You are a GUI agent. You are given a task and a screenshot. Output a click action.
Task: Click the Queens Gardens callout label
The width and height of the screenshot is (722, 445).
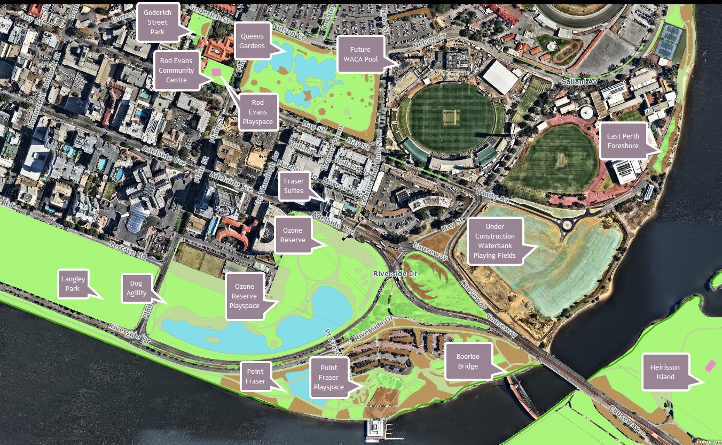(x=252, y=41)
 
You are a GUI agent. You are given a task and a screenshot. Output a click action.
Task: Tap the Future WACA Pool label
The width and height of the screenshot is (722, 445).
(x=360, y=54)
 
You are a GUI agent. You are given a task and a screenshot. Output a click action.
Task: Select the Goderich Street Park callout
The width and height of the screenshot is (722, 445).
(x=158, y=22)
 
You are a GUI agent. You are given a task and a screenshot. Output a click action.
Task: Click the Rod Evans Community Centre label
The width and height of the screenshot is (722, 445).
(x=176, y=71)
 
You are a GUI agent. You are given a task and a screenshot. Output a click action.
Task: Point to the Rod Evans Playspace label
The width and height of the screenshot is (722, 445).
(x=258, y=112)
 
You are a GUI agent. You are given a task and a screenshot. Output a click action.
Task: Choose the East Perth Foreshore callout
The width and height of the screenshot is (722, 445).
(x=623, y=141)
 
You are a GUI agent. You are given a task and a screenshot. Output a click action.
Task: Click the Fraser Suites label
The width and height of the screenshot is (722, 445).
(x=294, y=186)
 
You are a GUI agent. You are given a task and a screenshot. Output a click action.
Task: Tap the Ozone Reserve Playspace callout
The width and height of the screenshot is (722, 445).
(x=244, y=296)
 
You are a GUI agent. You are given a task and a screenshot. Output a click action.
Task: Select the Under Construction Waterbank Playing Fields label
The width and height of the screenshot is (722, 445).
(x=495, y=241)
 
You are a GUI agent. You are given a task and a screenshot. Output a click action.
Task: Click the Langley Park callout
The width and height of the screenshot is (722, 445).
(x=73, y=284)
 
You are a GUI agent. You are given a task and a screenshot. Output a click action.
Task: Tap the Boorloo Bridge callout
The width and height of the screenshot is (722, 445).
(x=467, y=361)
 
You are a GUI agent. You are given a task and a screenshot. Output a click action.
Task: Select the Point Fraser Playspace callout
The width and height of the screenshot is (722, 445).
(x=329, y=377)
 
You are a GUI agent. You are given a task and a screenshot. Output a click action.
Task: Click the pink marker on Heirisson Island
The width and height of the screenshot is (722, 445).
(x=710, y=365)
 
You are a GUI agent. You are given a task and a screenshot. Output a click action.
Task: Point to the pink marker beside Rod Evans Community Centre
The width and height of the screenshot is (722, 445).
(x=216, y=72)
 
